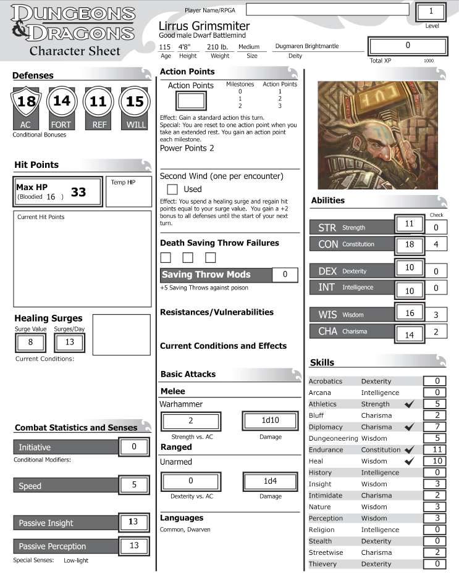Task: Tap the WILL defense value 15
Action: pyautogui.click(x=135, y=101)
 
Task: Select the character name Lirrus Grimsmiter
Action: pyautogui.click(x=204, y=26)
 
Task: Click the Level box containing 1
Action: pyautogui.click(x=431, y=12)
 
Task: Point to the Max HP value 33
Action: pyautogui.click(x=78, y=193)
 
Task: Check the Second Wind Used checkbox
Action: pyautogui.click(x=173, y=189)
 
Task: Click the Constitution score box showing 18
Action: pyautogui.click(x=409, y=244)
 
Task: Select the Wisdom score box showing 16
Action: pyautogui.click(x=409, y=314)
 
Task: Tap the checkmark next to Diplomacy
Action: pyautogui.click(x=407, y=427)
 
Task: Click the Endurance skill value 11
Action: pyautogui.click(x=435, y=450)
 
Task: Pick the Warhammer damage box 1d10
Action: pyautogui.click(x=270, y=421)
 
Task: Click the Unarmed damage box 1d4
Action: pyautogui.click(x=270, y=481)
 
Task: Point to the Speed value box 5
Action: pyautogui.click(x=134, y=485)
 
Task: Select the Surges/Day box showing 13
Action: pyautogui.click(x=69, y=342)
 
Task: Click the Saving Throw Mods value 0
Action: pyautogui.click(x=285, y=275)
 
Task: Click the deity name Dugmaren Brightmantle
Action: pyautogui.click(x=307, y=46)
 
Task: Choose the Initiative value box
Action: pyautogui.click(x=134, y=446)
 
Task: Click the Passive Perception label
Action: pyautogui.click(x=53, y=546)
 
